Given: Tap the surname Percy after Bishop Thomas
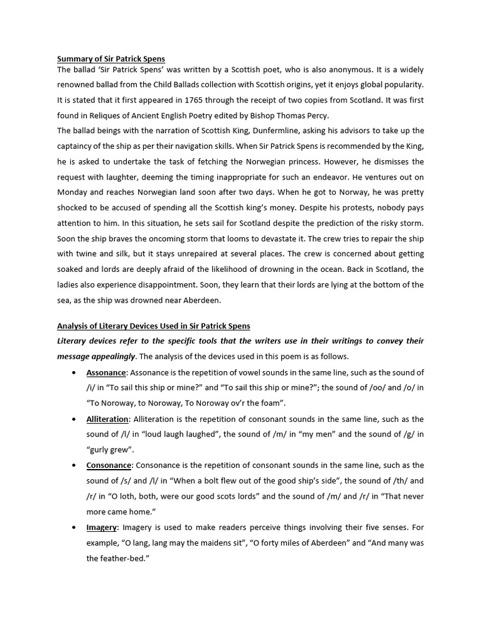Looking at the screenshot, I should [x=315, y=115].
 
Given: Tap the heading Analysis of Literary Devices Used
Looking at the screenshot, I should [x=153, y=325].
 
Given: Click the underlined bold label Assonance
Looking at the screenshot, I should [x=106, y=372].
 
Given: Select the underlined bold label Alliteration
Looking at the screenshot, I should [x=107, y=419].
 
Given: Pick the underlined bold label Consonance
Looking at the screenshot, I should [x=109, y=465].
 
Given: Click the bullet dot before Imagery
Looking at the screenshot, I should [x=74, y=527].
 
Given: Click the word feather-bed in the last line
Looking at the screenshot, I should [x=121, y=558].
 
